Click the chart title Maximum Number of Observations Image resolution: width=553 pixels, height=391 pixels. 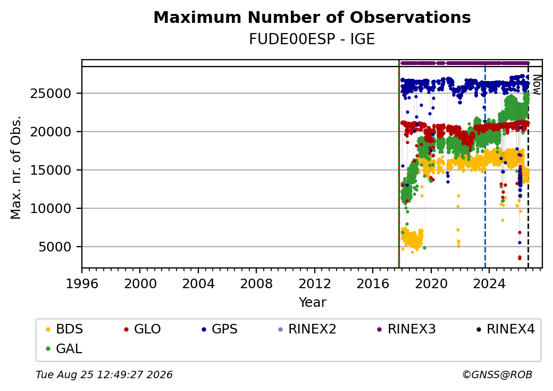pyautogui.click(x=312, y=17)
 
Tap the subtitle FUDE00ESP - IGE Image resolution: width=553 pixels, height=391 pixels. pyautogui.click(x=312, y=39)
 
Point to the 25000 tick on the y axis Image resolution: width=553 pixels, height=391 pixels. pyautogui.click(x=51, y=94)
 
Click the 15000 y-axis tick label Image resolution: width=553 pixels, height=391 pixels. pyautogui.click(x=51, y=170)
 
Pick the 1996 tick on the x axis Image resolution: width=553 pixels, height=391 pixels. pyautogui.click(x=82, y=283)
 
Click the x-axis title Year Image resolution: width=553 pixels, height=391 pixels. pyautogui.click(x=313, y=303)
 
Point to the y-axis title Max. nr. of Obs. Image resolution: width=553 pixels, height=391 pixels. pyautogui.click(x=16, y=167)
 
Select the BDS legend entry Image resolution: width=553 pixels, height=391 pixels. pyautogui.click(x=65, y=329)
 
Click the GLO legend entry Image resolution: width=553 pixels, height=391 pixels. pyautogui.click(x=143, y=329)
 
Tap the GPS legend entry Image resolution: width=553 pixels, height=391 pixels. pyautogui.click(x=220, y=329)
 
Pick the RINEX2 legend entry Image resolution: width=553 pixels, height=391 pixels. pyautogui.click(x=307, y=329)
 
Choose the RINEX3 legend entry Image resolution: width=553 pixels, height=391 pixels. pyautogui.click(x=407, y=329)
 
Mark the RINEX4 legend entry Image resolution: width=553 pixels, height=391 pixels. pyautogui.click(x=505, y=329)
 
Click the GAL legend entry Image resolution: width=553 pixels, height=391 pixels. pyautogui.click(x=64, y=348)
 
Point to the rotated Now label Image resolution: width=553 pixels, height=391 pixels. pyautogui.click(x=537, y=85)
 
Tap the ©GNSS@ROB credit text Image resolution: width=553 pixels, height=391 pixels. pyautogui.click(x=497, y=374)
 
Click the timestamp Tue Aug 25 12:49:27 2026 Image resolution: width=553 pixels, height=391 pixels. pyautogui.click(x=104, y=374)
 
